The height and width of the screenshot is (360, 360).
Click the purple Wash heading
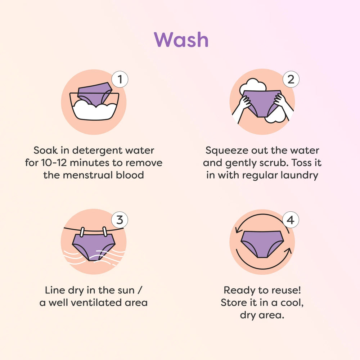181,40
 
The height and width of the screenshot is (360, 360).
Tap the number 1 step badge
120,79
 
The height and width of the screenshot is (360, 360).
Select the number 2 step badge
291,79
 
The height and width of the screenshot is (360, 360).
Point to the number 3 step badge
120,220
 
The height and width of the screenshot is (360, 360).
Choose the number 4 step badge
291,220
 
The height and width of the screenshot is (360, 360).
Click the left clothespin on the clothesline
82,232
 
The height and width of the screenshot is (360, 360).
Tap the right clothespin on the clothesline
105,231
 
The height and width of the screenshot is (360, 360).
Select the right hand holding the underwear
280,100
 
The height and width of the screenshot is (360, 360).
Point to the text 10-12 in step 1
54,163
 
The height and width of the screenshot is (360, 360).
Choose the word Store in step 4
232,302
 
